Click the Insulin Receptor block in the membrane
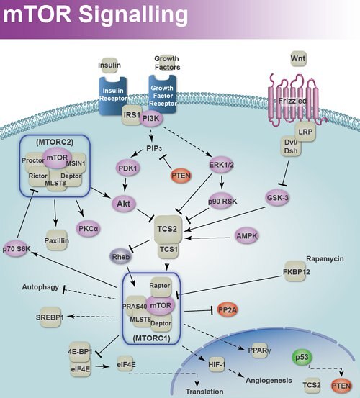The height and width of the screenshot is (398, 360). tap(112, 92)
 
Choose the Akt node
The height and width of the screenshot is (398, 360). tap(123, 204)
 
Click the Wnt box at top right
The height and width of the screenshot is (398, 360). tap(298, 56)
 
